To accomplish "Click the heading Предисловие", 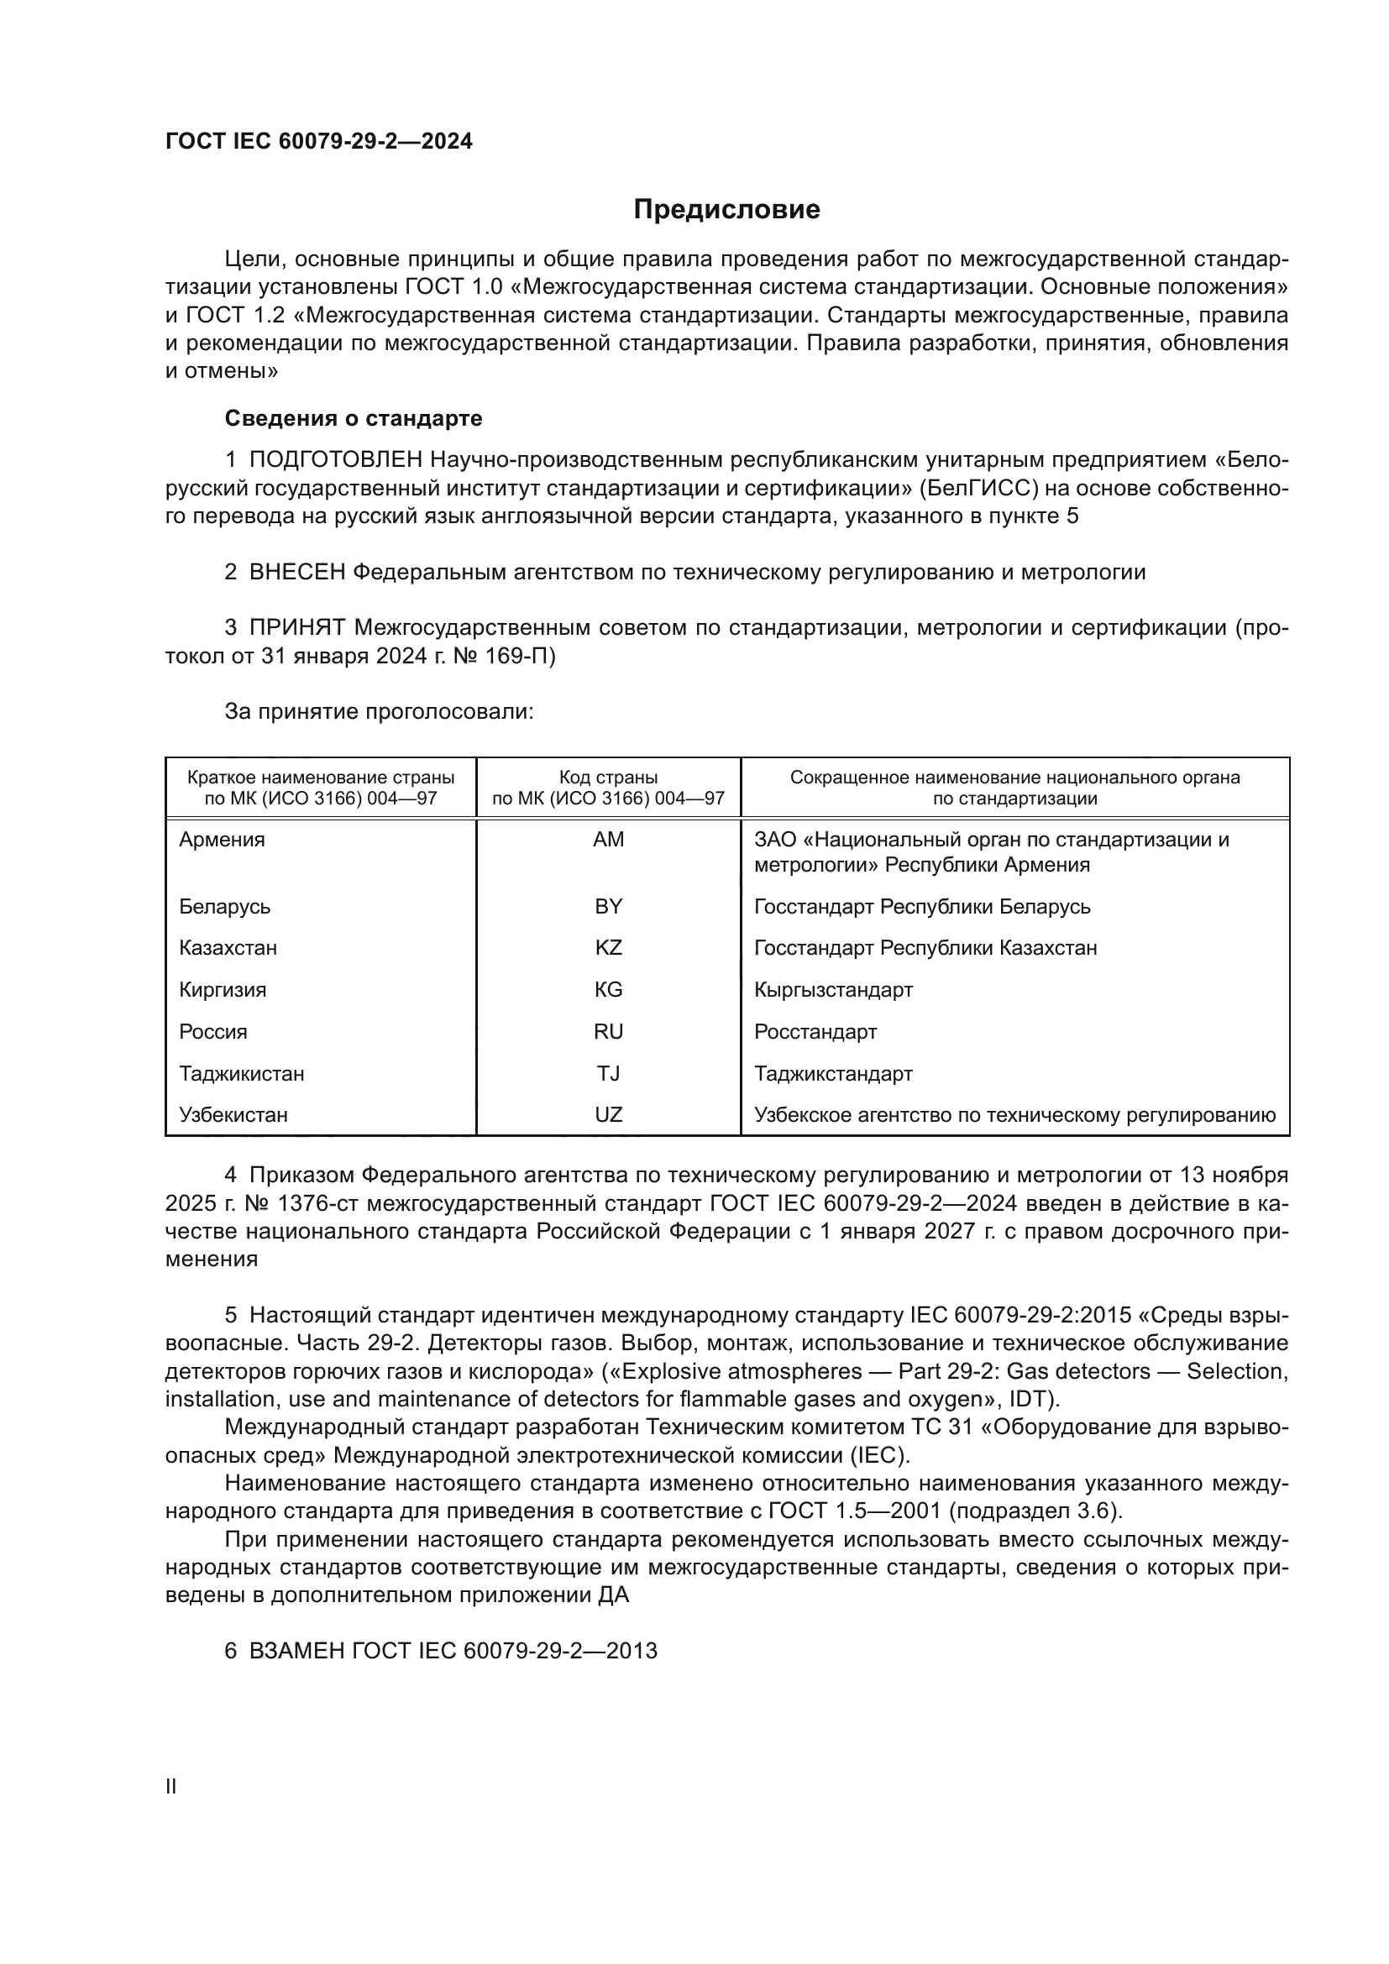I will tap(726, 210).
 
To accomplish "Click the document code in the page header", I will tap(318, 141).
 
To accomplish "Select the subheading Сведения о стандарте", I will tap(354, 418).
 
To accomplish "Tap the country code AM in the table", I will tap(608, 839).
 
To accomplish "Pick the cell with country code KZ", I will tap(608, 948).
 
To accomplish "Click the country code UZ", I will tap(608, 1114).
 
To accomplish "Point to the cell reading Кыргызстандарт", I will tap(833, 990).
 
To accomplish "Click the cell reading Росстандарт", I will tap(815, 1032).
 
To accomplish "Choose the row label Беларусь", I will tap(225, 906).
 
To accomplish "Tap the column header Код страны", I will tap(608, 778).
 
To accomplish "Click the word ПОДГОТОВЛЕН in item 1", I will tap(335, 460).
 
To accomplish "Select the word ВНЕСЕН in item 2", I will tap(296, 573).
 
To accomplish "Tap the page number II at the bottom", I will tap(171, 1786).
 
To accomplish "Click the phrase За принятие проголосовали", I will tap(379, 712).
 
